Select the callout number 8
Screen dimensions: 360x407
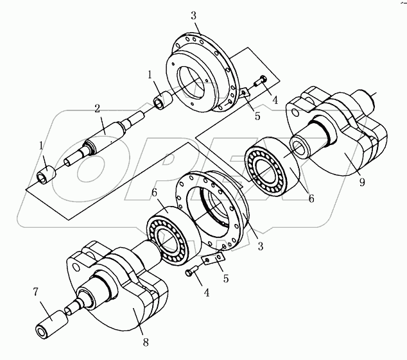tap(146, 342)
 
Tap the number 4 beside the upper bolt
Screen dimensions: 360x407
tap(275, 100)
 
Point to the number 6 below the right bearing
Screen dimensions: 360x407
tap(311, 199)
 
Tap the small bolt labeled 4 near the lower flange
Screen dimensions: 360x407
tap(190, 273)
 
